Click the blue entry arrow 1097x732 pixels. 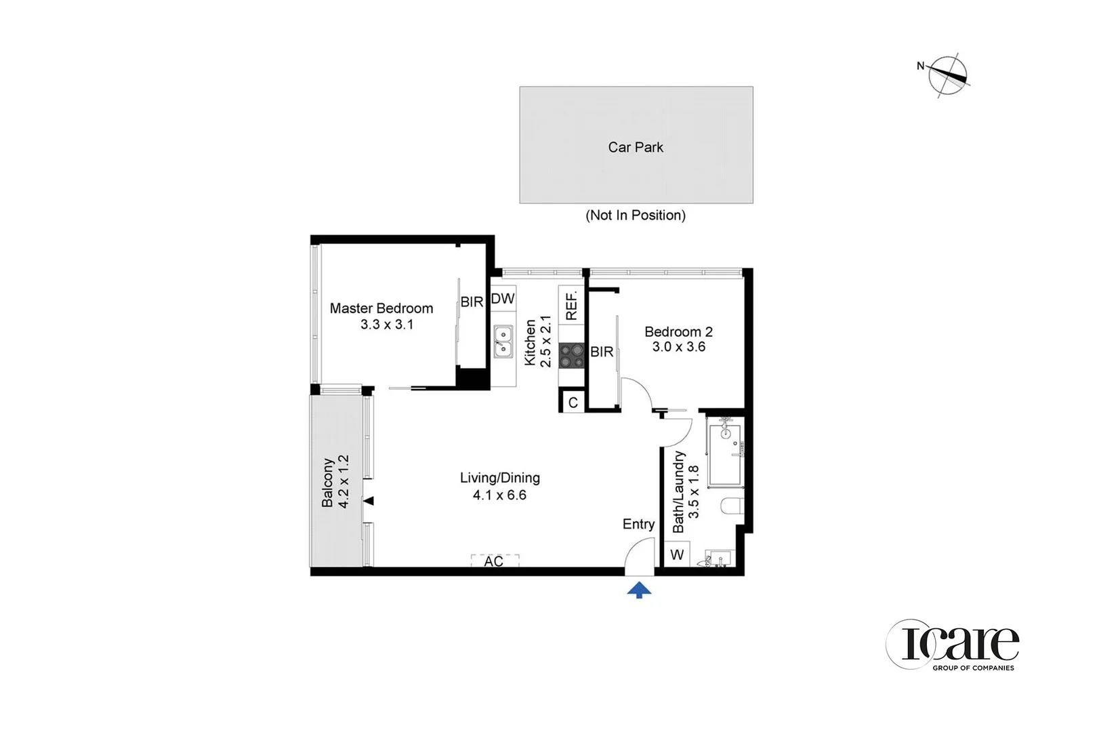coord(639,590)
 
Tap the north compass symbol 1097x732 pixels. coord(947,75)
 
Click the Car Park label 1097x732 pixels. coord(636,147)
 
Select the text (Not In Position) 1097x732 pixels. coord(636,216)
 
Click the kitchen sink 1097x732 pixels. coord(503,342)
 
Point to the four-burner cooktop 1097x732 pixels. coord(571,355)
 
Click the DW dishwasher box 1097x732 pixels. coord(503,299)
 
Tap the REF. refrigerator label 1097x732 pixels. coord(571,305)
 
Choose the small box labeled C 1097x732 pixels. coord(573,403)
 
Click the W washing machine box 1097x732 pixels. coord(677,555)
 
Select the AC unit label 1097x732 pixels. coord(494,561)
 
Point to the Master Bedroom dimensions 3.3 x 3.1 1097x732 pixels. coord(387,325)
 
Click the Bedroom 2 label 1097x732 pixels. coord(678,331)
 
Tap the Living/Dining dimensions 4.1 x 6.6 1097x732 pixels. coord(499,495)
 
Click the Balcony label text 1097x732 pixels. coord(328,482)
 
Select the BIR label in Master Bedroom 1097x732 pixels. coord(472,302)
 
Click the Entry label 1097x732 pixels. coord(638,524)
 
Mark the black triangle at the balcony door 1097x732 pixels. coord(369,501)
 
